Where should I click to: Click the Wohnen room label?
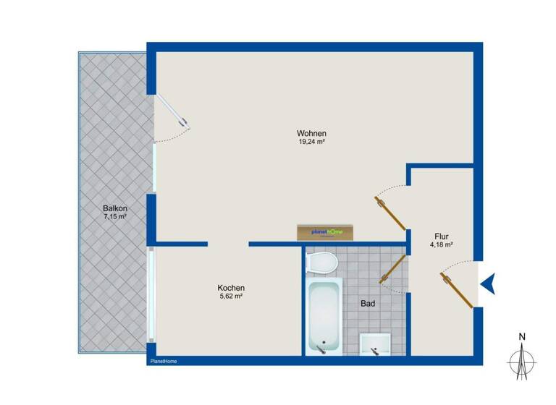[311, 133]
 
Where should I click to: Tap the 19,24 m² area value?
[311, 142]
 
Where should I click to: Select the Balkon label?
[115, 208]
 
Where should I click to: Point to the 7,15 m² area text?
[115, 217]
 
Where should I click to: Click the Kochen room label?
[230, 287]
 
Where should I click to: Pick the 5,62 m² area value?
[230, 296]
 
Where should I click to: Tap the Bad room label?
[368, 304]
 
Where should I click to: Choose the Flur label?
[441, 236]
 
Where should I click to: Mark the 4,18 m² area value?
[441, 245]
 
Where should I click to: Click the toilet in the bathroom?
[323, 261]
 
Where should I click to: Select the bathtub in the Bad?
[323, 317]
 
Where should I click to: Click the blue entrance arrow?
[488, 283]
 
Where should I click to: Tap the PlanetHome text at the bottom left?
[163, 361]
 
